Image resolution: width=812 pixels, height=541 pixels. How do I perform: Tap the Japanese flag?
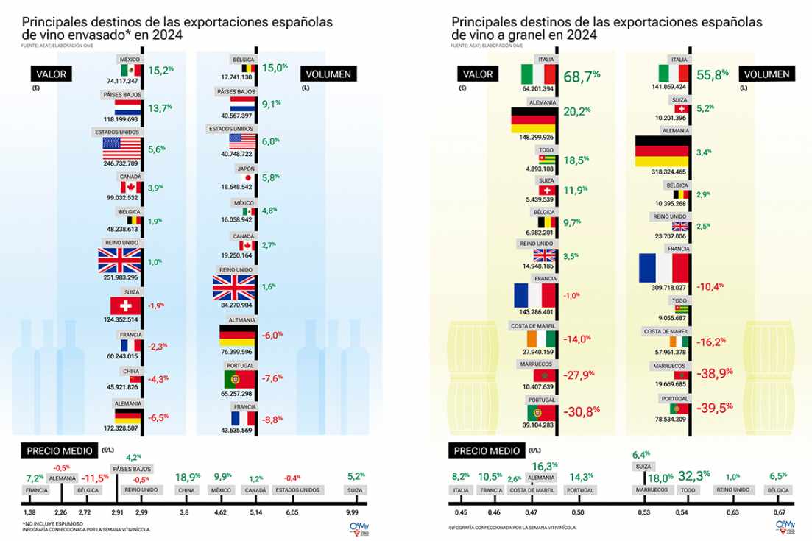(x=248, y=178)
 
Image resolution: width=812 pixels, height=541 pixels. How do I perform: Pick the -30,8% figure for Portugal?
(x=583, y=412)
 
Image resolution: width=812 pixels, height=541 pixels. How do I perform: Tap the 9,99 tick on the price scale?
(x=357, y=512)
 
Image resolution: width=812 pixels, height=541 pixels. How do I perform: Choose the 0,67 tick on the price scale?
(x=778, y=512)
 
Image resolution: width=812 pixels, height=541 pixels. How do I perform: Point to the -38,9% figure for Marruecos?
(x=715, y=372)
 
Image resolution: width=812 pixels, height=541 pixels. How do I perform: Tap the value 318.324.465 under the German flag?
(x=665, y=171)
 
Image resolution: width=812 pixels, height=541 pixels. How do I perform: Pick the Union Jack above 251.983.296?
(x=119, y=261)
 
